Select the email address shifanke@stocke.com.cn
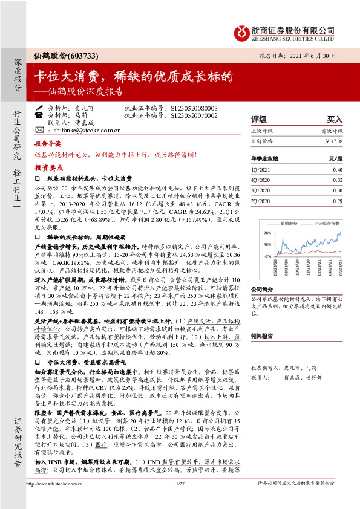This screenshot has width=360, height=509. [x=87, y=130]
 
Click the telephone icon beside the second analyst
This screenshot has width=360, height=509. [x=39, y=115]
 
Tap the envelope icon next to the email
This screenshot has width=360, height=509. [x=39, y=130]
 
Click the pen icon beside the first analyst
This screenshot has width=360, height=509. [x=39, y=108]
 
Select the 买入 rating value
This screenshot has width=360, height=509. [x=335, y=120]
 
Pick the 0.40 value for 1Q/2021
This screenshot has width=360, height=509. [x=338, y=170]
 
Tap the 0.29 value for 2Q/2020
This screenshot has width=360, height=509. [x=338, y=200]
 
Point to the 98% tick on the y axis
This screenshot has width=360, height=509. [x=267, y=232]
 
